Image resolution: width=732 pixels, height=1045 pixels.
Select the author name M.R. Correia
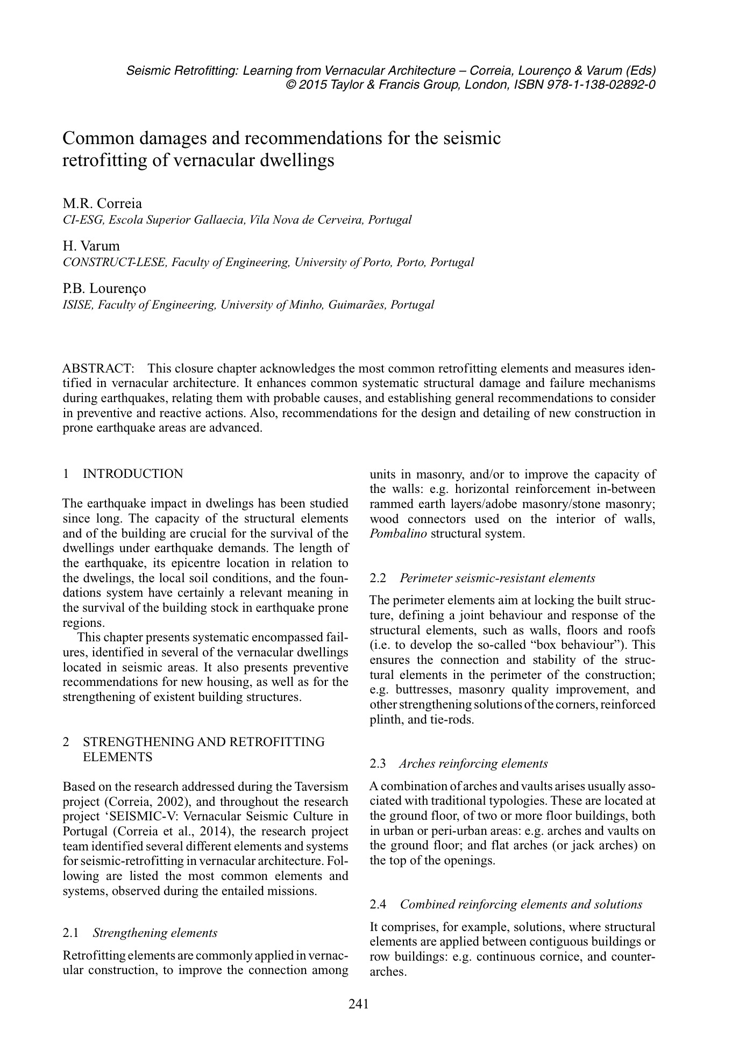[103, 203]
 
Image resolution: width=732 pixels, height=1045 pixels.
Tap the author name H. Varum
[91, 246]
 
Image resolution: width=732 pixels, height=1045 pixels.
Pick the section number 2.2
[378, 578]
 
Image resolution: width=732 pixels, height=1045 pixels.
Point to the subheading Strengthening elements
[155, 932]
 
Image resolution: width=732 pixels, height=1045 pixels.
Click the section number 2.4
[378, 904]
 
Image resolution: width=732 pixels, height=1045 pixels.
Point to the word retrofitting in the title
[103, 160]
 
